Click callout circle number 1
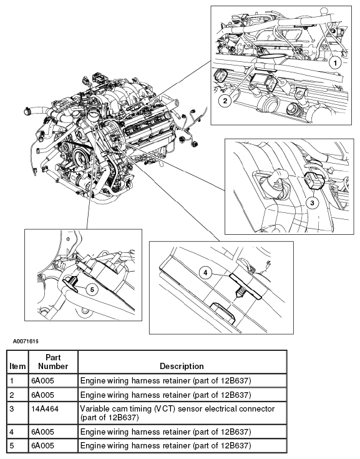(336, 62)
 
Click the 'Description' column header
(182, 366)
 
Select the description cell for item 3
(182, 412)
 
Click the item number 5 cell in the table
(12, 445)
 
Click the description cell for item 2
(165, 394)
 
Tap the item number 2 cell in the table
(12, 394)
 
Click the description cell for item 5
(165, 445)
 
